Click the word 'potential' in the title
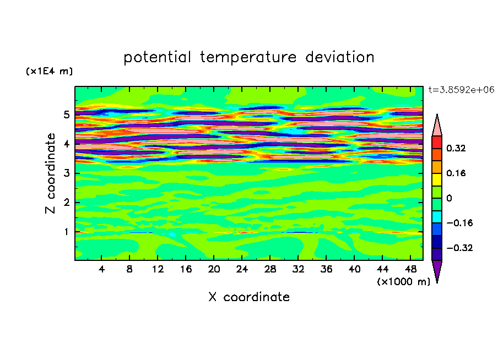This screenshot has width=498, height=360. pos(158,57)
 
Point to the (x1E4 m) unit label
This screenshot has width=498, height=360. pos(49,72)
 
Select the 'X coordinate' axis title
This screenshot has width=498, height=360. pos(249,297)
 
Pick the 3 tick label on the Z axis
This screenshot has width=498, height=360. pos(67,173)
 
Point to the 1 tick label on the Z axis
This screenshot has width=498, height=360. pos(67,232)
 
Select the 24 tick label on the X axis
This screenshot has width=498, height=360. pos(241,270)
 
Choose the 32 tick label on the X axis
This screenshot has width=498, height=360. pos(297,270)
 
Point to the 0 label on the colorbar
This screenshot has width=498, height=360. pos(449,198)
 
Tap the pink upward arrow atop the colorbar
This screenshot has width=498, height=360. pos(437,125)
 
